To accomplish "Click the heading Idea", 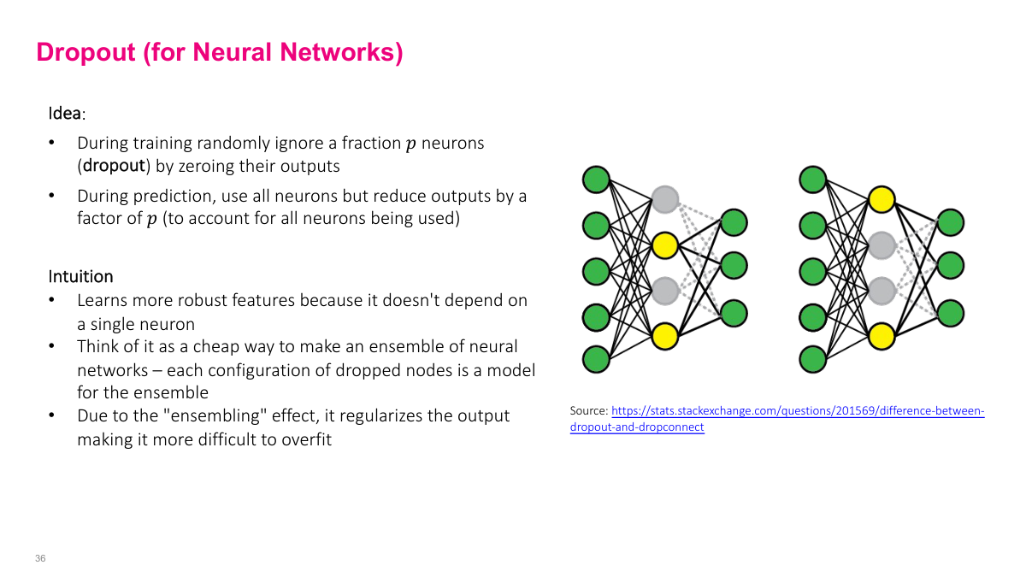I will [x=65, y=114].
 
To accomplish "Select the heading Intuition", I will [x=80, y=276].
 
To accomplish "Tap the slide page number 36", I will [x=40, y=558].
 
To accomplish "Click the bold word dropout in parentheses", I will [x=113, y=166].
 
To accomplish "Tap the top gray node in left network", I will [x=664, y=200].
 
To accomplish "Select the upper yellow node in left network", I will [x=664, y=245].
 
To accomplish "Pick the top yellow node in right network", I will [x=881, y=200].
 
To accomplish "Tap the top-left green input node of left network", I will [x=596, y=180].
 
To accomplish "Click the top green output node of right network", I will [x=950, y=222].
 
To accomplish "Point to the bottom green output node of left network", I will [x=734, y=313].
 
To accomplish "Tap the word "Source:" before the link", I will [x=589, y=411].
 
